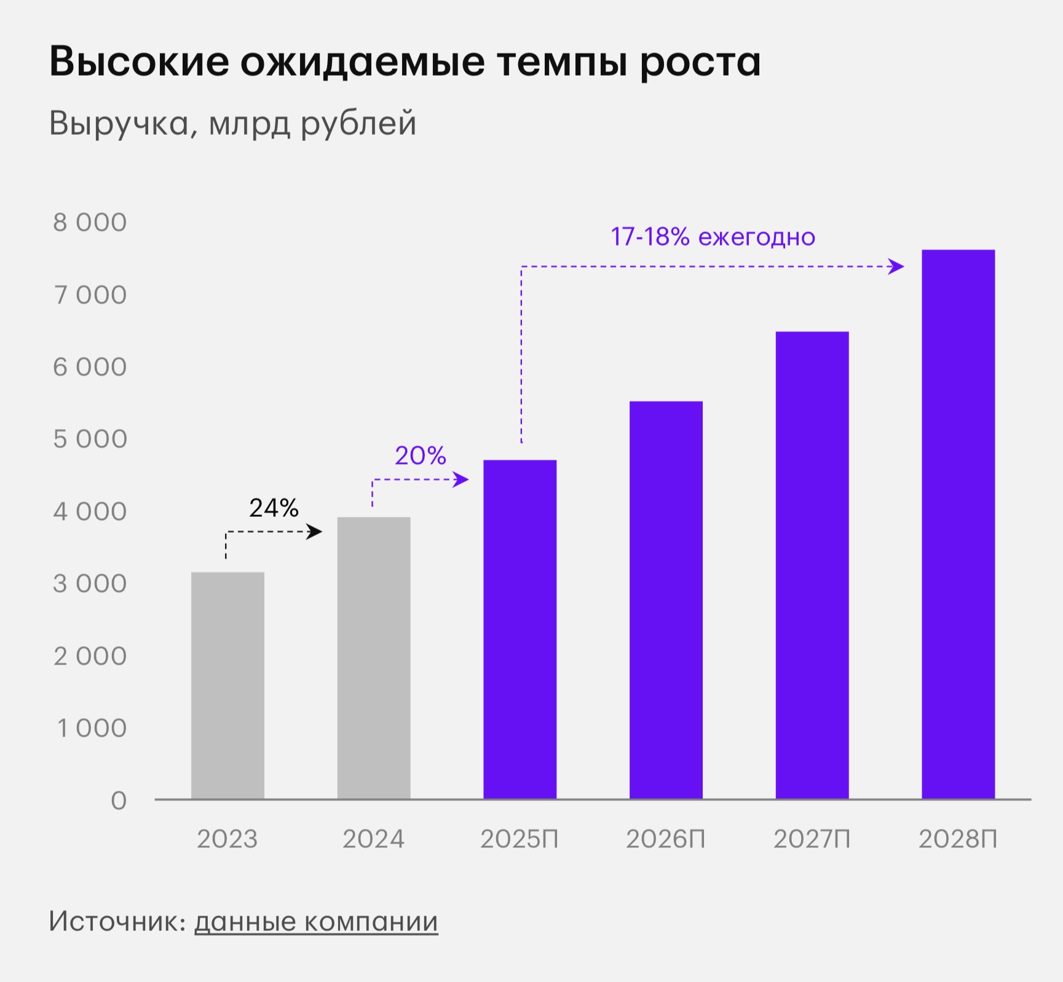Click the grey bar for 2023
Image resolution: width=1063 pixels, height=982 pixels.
227,685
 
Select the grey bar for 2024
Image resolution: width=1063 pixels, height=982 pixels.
374,658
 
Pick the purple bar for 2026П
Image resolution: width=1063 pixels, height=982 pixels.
666,600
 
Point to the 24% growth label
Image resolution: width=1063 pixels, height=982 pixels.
274,508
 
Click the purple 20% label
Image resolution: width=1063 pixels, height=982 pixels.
420,456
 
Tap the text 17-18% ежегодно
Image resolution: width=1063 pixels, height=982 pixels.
713,237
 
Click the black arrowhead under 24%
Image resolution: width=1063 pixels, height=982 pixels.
314,532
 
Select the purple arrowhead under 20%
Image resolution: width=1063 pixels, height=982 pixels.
460,479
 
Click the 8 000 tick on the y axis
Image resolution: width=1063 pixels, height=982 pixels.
90,223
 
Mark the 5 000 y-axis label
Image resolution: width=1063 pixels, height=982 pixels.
90,439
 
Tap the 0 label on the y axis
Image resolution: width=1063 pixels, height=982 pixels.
119,800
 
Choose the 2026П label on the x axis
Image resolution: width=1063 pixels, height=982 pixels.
666,839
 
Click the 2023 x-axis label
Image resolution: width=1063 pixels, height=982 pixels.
227,839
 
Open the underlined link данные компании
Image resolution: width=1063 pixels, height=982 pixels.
316,922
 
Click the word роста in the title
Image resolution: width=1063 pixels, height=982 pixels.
700,62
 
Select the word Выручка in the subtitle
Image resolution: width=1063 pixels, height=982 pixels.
119,123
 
